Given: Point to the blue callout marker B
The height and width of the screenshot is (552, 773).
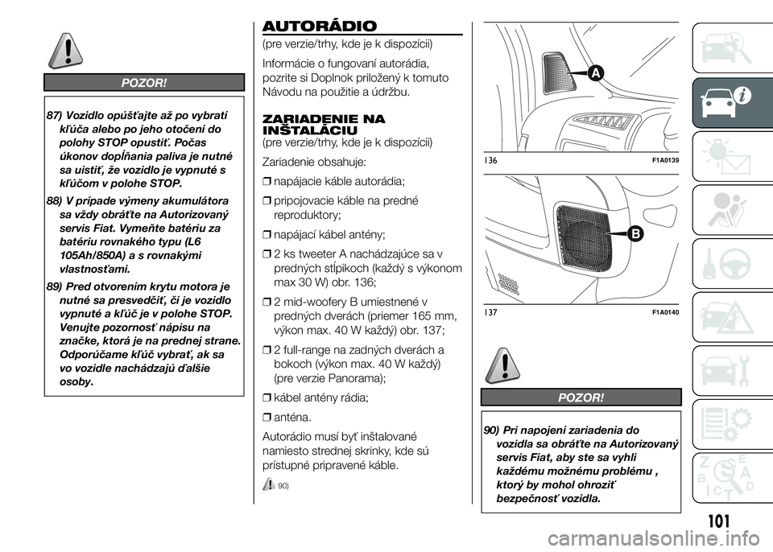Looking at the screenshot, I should (x=633, y=234).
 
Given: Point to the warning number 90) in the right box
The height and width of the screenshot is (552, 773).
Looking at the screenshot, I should (x=486, y=430).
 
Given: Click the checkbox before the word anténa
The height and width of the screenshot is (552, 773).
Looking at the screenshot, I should (x=267, y=417).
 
